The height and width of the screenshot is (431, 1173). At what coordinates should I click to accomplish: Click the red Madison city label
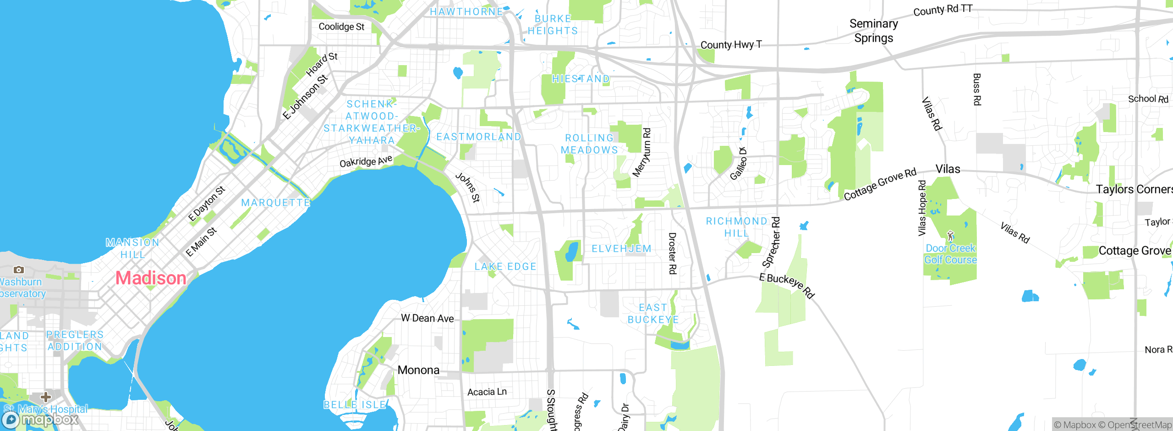151,278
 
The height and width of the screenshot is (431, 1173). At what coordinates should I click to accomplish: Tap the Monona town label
418,370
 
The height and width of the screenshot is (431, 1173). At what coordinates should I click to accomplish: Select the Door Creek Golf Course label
950,254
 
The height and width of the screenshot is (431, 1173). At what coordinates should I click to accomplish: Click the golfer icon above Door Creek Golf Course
950,236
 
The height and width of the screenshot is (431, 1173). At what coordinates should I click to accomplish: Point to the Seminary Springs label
873,31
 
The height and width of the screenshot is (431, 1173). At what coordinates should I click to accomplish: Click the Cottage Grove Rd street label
880,184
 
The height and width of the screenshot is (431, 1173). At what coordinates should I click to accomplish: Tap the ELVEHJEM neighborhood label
621,249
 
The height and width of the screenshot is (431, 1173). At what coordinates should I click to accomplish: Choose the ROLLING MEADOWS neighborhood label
589,144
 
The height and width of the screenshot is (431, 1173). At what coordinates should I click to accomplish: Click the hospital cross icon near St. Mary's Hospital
45,396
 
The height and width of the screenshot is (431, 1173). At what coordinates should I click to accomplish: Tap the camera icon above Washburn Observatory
18,270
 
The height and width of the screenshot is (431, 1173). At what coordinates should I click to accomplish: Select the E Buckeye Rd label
786,285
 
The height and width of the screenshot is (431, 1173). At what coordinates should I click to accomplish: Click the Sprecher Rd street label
771,242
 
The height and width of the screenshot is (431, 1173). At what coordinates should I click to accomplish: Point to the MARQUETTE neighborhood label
276,203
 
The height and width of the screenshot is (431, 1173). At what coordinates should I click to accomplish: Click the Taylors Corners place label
1134,189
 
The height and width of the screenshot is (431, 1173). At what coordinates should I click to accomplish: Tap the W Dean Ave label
427,318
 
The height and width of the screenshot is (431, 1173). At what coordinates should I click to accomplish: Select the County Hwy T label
731,44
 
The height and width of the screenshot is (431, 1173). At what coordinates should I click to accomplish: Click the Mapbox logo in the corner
40,419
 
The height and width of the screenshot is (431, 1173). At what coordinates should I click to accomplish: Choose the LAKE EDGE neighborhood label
505,266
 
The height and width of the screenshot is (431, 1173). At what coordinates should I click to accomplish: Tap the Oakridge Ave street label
366,161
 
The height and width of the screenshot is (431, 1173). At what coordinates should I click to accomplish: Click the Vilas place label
948,169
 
